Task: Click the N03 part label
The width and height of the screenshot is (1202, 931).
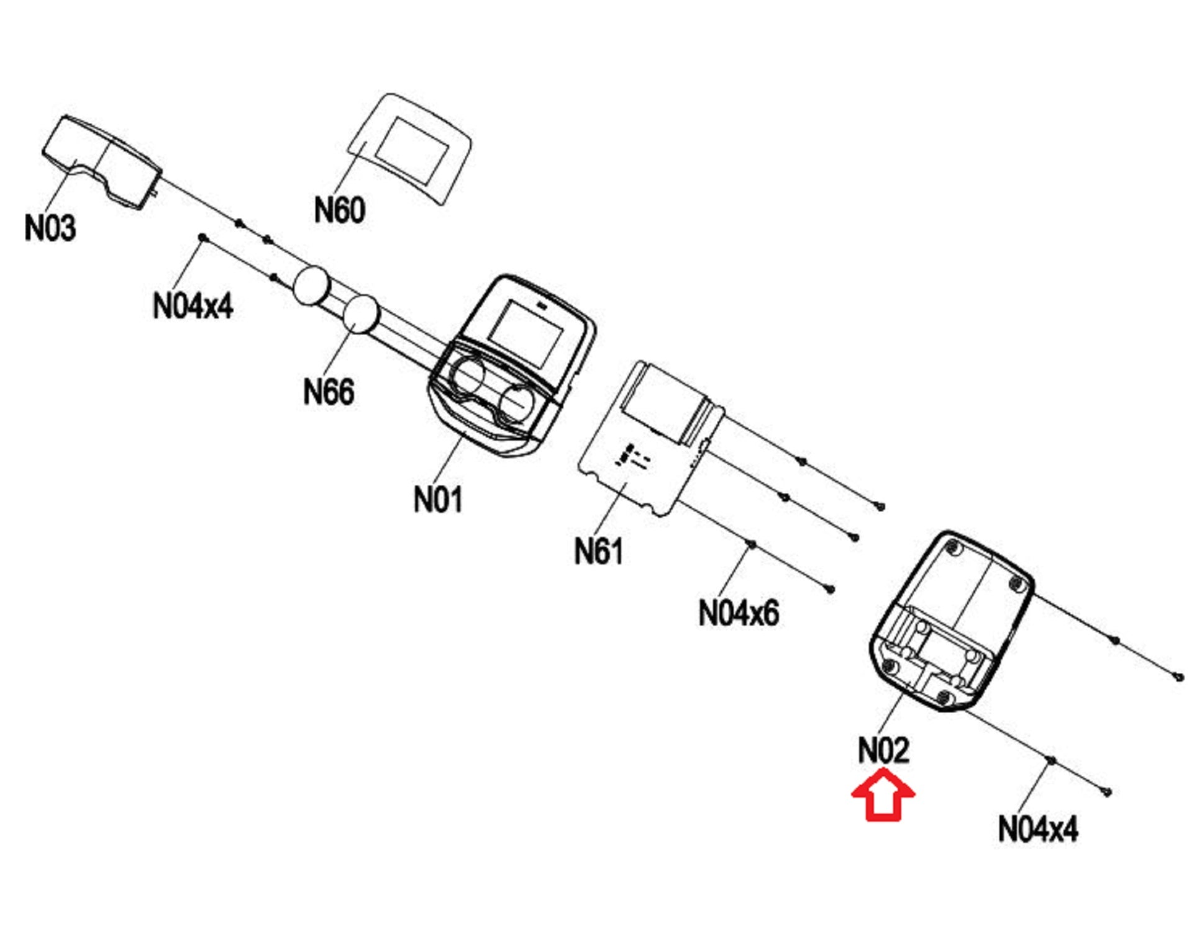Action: pyautogui.click(x=50, y=228)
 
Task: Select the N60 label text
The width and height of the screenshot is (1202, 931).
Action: pyautogui.click(x=339, y=210)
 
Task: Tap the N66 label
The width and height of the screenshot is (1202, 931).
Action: pyautogui.click(x=329, y=392)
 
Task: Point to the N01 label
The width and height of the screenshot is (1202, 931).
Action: pyautogui.click(x=438, y=499)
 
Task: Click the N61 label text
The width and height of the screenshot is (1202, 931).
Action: pyautogui.click(x=598, y=551)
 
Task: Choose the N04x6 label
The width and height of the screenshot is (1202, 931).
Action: pyautogui.click(x=739, y=613)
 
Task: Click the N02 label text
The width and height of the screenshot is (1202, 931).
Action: pyautogui.click(x=883, y=750)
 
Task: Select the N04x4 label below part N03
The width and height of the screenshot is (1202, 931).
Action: pyautogui.click(x=193, y=305)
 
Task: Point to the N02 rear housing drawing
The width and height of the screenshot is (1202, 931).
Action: pyautogui.click(x=950, y=621)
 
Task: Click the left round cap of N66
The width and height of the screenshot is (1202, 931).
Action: pyautogui.click(x=311, y=286)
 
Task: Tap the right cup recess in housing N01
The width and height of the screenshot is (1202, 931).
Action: pyautogui.click(x=516, y=400)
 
